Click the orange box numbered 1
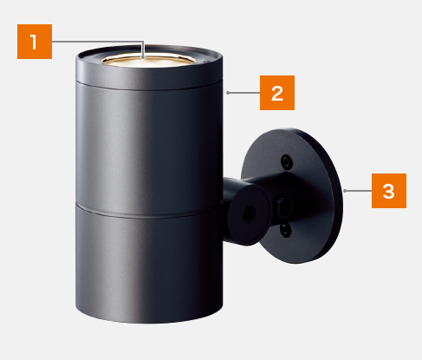point(35,42)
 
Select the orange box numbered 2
point(277,93)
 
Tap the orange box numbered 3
point(389,191)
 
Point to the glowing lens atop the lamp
point(148,60)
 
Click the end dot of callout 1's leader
point(143,57)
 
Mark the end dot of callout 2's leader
point(228,93)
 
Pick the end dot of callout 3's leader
point(345,191)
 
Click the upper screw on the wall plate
point(287,161)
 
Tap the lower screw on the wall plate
point(285,230)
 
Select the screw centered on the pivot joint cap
point(248,215)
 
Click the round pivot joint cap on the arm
point(249,215)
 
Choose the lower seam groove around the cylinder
point(149,212)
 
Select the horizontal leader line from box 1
point(98,42)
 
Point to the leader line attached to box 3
point(358,191)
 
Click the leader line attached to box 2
point(244,93)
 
